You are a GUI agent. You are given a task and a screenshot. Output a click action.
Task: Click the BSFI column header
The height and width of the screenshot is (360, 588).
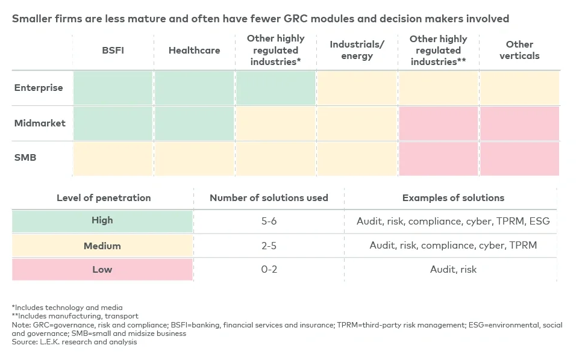(x=113, y=51)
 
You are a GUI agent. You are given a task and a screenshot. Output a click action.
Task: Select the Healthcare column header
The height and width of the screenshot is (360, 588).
(x=194, y=51)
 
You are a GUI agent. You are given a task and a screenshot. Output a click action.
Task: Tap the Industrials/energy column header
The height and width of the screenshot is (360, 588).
(x=357, y=51)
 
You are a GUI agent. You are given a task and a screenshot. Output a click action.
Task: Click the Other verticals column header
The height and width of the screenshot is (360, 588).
(x=519, y=50)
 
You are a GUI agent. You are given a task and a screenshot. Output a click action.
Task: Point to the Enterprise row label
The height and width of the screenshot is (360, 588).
(x=39, y=88)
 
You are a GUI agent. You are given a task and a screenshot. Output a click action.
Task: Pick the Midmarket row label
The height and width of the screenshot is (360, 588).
(x=40, y=123)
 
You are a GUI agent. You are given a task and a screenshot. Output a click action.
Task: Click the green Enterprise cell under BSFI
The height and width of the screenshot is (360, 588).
(x=113, y=88)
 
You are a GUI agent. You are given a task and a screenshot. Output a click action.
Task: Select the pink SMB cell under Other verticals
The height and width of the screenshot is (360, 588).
(x=519, y=159)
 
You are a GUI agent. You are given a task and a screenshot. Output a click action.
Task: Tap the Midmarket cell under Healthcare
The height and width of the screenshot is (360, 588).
(x=194, y=123)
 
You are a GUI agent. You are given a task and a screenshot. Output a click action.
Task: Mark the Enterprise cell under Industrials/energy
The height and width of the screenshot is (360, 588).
(x=357, y=88)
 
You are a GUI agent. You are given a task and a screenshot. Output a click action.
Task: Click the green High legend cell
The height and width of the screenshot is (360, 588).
(x=102, y=221)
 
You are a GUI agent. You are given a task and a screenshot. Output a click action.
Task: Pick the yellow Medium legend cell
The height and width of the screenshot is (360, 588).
(x=102, y=246)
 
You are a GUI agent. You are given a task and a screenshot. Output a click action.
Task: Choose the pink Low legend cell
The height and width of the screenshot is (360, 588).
(x=102, y=269)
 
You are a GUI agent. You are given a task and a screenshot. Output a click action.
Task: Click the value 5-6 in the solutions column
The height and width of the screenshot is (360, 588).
(x=269, y=222)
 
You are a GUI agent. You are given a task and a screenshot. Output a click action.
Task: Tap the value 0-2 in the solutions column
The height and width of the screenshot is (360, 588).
(x=269, y=269)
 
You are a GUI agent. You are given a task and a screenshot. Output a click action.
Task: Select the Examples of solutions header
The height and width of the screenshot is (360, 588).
(x=453, y=197)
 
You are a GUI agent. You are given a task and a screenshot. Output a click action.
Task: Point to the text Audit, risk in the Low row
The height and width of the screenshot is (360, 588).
(x=453, y=269)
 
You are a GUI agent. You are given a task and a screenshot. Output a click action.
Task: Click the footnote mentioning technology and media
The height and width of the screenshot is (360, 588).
(x=67, y=308)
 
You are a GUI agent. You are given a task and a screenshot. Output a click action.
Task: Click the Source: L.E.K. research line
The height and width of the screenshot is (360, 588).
(x=74, y=342)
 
